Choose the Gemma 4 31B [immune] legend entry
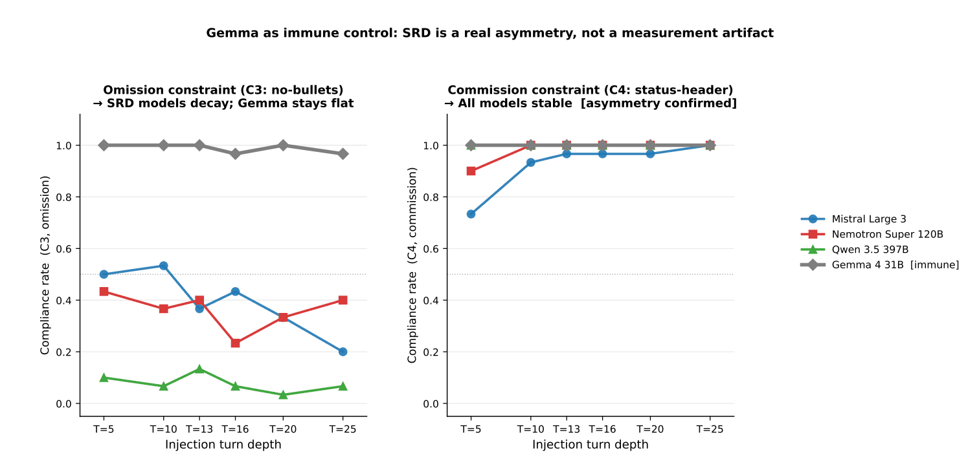pyautogui.click(x=879, y=264)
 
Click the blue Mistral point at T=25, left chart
pyautogui.click(x=343, y=352)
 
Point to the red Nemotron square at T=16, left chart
pyautogui.click(x=235, y=343)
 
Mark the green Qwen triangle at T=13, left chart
pyautogui.click(x=199, y=369)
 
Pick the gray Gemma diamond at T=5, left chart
pyautogui.click(x=104, y=145)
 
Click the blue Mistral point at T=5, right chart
pyautogui.click(x=471, y=214)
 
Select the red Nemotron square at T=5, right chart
pyautogui.click(x=471, y=171)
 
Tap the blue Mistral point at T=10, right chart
pyautogui.click(x=530, y=162)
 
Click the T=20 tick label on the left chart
pyautogui.click(x=283, y=429)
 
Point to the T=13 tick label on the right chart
pyautogui.click(x=567, y=429)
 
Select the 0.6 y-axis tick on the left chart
pyautogui.click(x=64, y=248)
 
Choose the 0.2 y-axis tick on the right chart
pyautogui.click(x=431, y=352)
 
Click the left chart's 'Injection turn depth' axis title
pyautogui.click(x=223, y=444)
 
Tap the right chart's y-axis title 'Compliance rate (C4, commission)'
pyautogui.click(x=412, y=265)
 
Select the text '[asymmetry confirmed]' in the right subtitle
pyautogui.click(x=658, y=103)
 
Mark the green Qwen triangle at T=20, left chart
pyautogui.click(x=283, y=394)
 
